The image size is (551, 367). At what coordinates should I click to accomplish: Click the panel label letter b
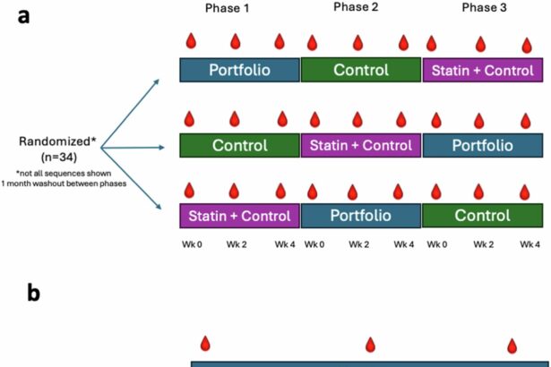tap(34, 293)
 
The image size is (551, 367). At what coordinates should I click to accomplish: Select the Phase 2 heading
tap(361, 8)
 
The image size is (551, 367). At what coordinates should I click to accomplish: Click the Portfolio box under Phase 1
tap(239, 70)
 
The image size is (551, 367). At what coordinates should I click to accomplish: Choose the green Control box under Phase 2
tap(361, 70)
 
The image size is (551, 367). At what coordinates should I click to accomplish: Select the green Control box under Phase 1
tap(239, 144)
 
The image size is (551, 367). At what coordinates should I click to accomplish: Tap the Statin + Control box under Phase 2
tap(361, 144)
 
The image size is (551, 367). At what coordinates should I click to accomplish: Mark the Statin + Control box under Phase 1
tap(239, 216)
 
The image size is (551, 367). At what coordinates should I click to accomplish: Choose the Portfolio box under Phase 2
tap(361, 216)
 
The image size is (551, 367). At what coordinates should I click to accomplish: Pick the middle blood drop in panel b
tap(370, 344)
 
